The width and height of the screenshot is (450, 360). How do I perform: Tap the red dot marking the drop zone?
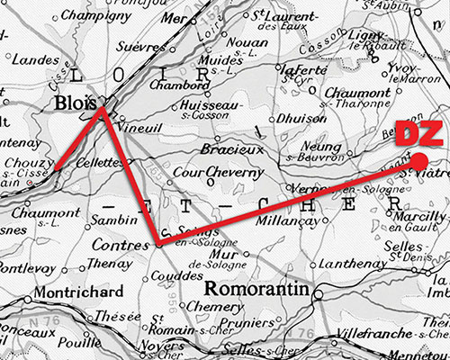point(420,160)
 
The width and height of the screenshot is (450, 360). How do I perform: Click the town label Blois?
point(75,105)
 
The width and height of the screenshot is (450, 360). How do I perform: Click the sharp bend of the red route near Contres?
point(157,242)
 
